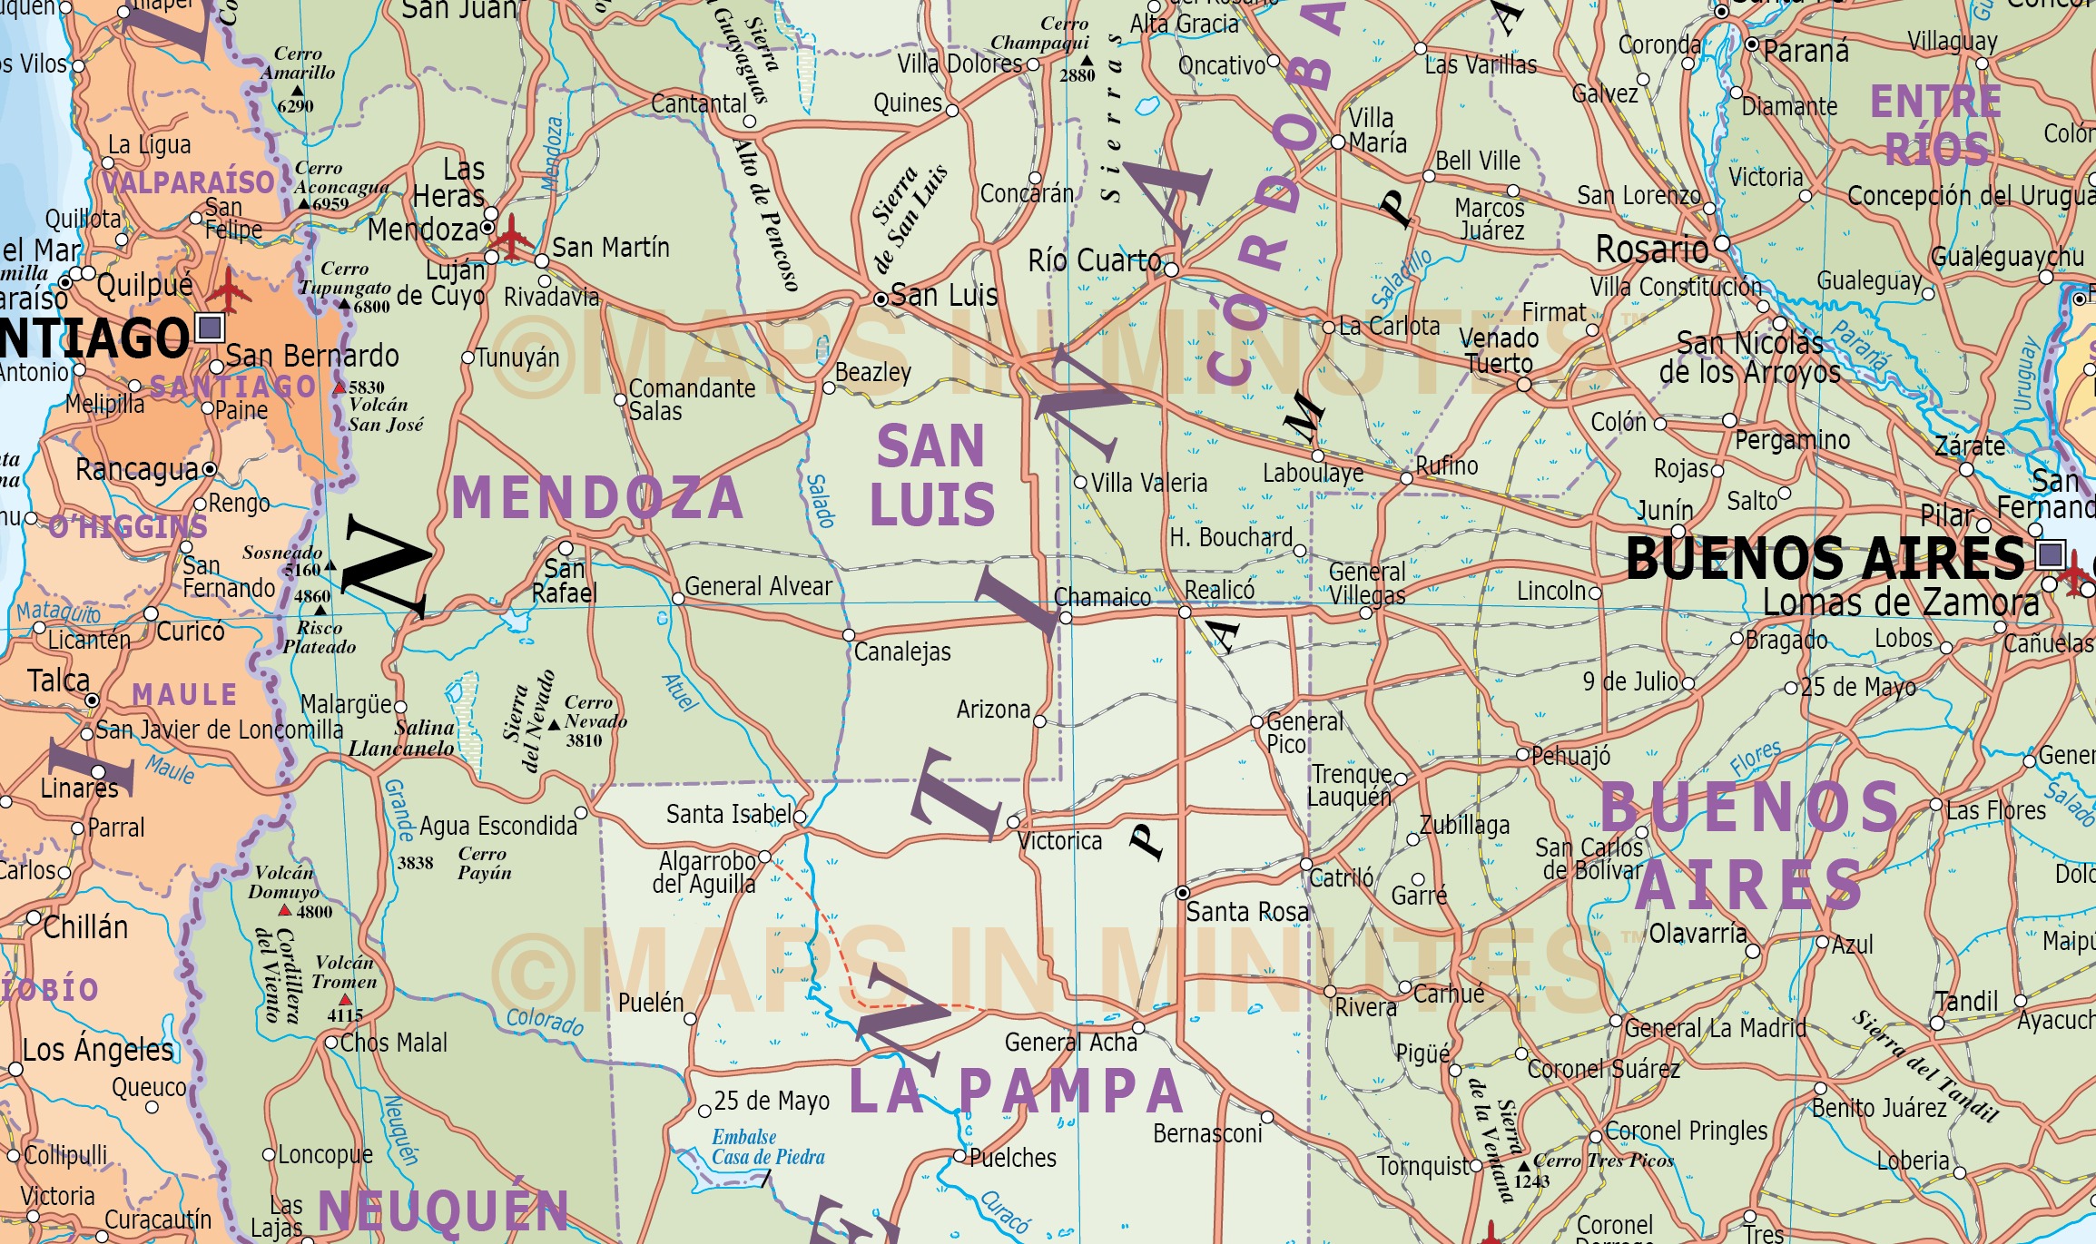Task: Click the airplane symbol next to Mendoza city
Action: click(x=511, y=238)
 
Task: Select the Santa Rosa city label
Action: click(x=1246, y=911)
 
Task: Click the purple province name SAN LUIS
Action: click(x=931, y=475)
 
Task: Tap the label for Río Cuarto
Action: click(x=1094, y=261)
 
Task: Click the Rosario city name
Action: click(x=1651, y=249)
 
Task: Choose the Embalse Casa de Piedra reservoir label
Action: click(x=768, y=1147)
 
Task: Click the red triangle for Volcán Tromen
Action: click(x=345, y=1000)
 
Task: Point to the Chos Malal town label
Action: click(x=393, y=1043)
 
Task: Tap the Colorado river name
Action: click(x=545, y=1022)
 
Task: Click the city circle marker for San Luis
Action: click(x=880, y=299)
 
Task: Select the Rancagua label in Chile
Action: click(x=136, y=469)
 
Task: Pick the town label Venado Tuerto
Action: click(x=1499, y=351)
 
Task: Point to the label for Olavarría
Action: click(x=1697, y=933)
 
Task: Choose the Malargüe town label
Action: click(x=346, y=704)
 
